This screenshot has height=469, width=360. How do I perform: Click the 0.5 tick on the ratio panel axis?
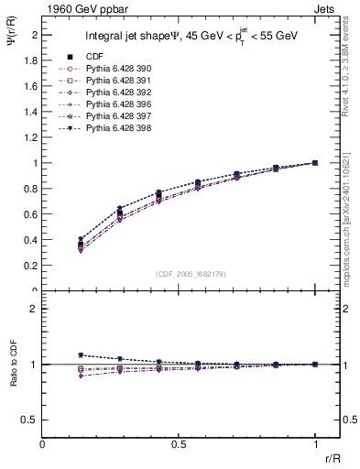point(30,420)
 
